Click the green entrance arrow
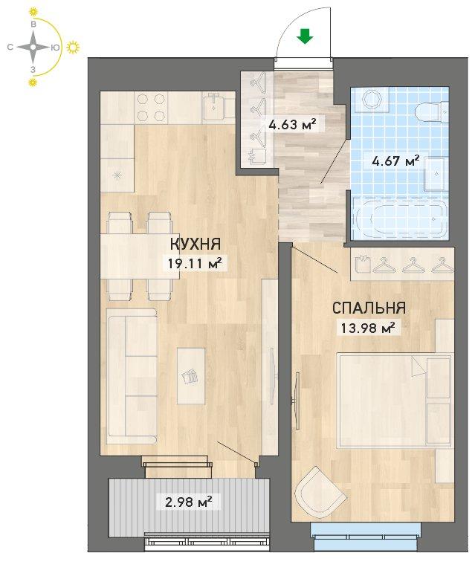pyautogui.click(x=304, y=36)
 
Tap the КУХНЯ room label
pyautogui.click(x=196, y=244)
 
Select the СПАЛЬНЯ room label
pyautogui.click(x=369, y=308)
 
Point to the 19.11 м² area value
pyautogui.click(x=195, y=263)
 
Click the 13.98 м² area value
pyautogui.click(x=368, y=328)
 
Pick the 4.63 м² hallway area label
pyautogui.click(x=291, y=125)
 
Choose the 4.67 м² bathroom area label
pyautogui.click(x=395, y=161)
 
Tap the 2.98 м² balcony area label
pyautogui.click(x=189, y=502)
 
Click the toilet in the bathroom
pyautogui.click(x=432, y=110)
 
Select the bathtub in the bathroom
pyautogui.click(x=400, y=218)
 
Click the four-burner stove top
pyautogui.click(x=151, y=107)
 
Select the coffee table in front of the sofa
pyautogui.click(x=191, y=375)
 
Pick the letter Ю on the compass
pyautogui.click(x=55, y=47)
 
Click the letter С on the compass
pyautogui.click(x=10, y=47)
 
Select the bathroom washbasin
pyautogui.click(x=436, y=174)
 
